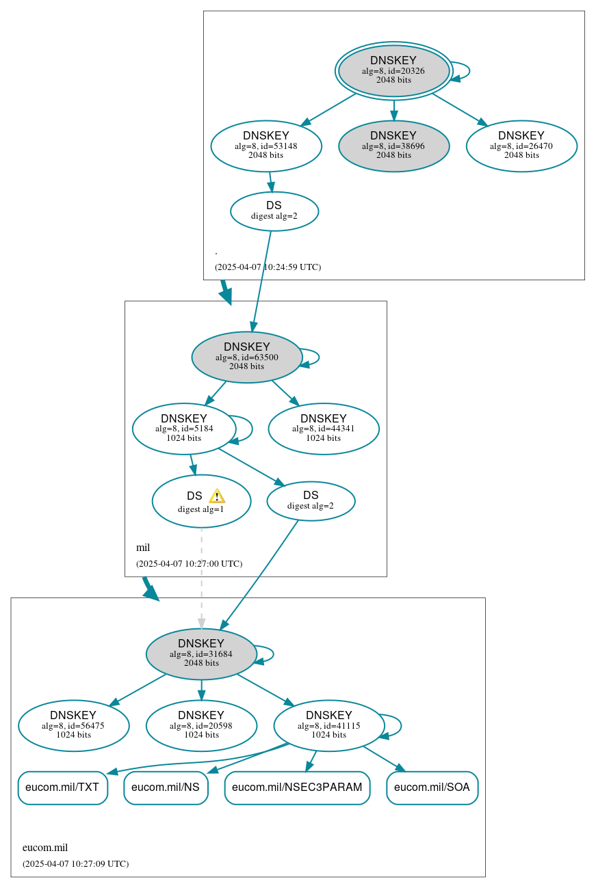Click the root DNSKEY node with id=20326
(393, 70)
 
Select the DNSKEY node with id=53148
(266, 146)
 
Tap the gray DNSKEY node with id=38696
(393, 146)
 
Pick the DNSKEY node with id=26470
(521, 146)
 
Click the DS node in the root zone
(274, 211)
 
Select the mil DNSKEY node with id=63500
(246, 357)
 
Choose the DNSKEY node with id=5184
(184, 429)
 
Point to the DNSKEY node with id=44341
(323, 429)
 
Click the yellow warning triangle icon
(217, 496)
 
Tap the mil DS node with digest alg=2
(311, 500)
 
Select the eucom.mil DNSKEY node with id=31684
(201, 654)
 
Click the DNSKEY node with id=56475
(73, 725)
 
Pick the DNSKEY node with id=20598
(201, 725)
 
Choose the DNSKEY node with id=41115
(328, 725)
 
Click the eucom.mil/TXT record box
(62, 788)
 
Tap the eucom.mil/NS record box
(166, 788)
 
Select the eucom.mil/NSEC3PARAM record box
(297, 788)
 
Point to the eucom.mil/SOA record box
(432, 788)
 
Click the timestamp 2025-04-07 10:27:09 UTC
(75, 864)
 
